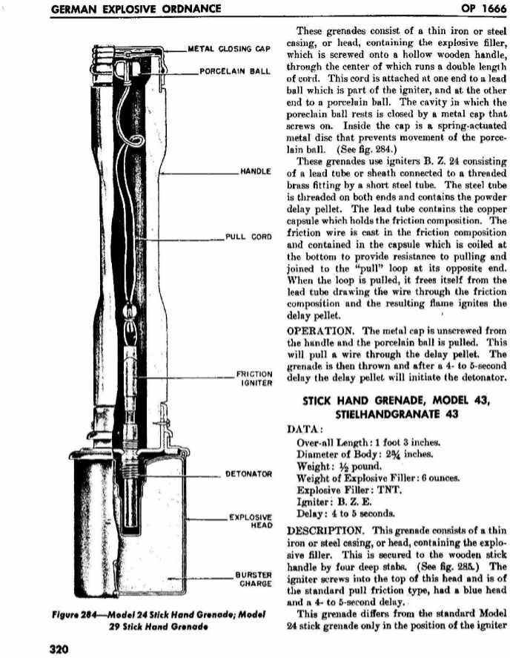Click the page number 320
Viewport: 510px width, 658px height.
pyautogui.click(x=59, y=649)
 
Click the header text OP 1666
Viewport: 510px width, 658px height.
pyautogui.click(x=475, y=8)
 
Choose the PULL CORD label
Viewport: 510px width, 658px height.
pyautogui.click(x=250, y=237)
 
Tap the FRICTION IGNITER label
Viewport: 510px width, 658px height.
pyautogui.click(x=255, y=378)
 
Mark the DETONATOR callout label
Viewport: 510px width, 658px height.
pyautogui.click(x=250, y=473)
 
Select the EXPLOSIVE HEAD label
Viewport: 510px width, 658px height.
pyautogui.click(x=252, y=521)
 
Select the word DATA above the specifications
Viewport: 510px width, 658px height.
pyautogui.click(x=300, y=429)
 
